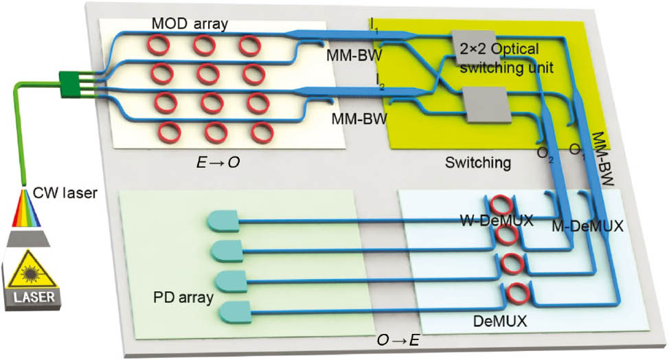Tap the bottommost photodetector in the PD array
click(x=236, y=312)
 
